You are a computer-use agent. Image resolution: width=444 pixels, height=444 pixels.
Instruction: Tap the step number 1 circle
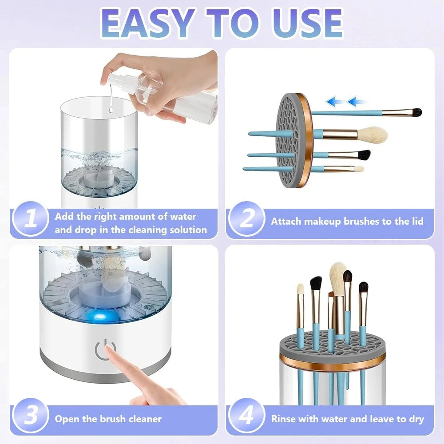click(x=30, y=219)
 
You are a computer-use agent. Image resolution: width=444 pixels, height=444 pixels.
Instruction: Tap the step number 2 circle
click(x=246, y=219)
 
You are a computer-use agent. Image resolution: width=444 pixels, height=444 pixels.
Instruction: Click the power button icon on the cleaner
click(x=102, y=350)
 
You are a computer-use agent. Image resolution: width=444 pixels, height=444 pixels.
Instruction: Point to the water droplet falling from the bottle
click(x=108, y=105)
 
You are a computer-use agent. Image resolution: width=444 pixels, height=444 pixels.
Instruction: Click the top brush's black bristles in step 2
click(x=415, y=112)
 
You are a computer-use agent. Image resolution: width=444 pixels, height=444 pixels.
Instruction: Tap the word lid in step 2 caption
click(x=416, y=221)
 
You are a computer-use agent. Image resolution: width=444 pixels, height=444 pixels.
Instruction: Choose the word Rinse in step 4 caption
click(x=284, y=419)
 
